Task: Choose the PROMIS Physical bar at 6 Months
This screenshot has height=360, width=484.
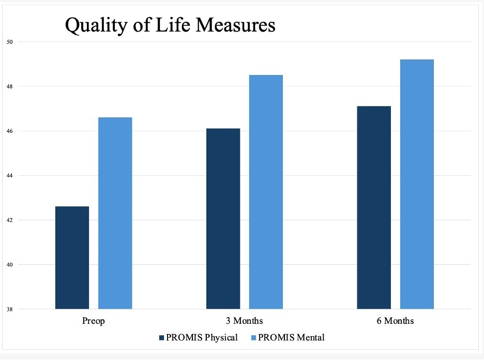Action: click(x=374, y=207)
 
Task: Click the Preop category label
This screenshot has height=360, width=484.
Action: click(x=94, y=322)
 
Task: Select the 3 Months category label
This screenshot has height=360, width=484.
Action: click(x=245, y=322)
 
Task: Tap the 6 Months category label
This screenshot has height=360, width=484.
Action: click(x=396, y=322)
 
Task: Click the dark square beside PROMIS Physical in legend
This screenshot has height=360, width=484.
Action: click(x=161, y=338)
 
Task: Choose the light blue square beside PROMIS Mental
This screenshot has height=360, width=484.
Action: click(x=253, y=338)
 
